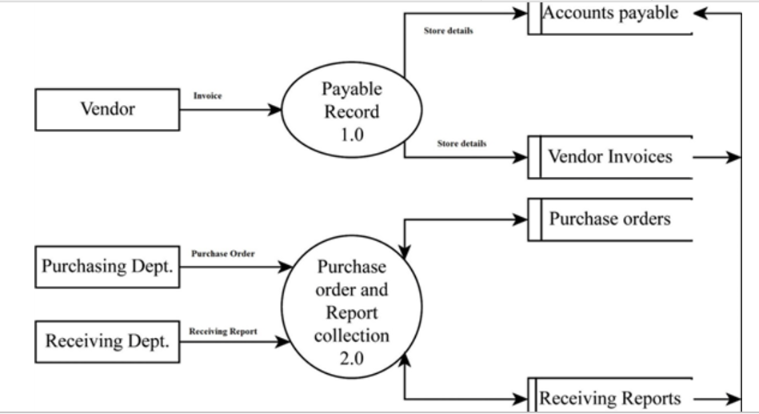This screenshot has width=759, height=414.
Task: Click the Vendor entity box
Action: pos(107,109)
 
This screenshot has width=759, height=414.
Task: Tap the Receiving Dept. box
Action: pos(107,341)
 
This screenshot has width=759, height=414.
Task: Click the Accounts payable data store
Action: pos(611,14)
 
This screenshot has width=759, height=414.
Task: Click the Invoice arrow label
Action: pos(207,95)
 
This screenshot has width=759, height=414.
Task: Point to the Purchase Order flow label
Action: pos(223,253)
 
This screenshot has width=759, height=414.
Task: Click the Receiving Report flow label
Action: pos(222,331)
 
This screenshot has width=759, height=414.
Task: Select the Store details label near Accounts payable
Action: pos(448,32)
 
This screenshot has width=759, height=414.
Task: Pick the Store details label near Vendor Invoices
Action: pos(461,143)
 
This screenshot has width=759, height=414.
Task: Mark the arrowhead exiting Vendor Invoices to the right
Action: pos(734,157)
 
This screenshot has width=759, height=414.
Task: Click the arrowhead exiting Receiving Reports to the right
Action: pos(734,398)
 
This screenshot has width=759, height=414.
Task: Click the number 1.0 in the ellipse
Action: pos(352,135)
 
